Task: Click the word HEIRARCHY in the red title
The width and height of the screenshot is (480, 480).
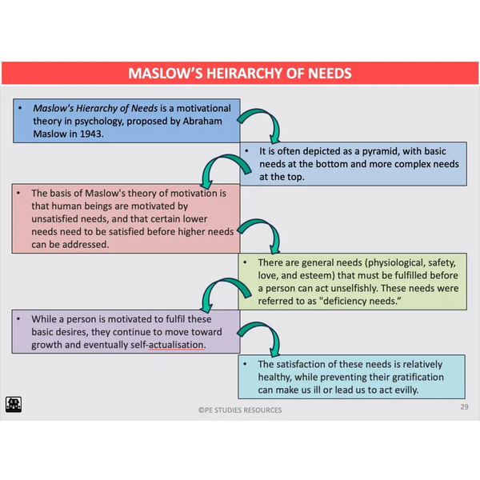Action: (241, 74)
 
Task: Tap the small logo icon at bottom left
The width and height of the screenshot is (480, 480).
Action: (14, 404)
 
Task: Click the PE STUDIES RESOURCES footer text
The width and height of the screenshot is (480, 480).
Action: (240, 410)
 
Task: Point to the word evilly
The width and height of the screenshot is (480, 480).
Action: (404, 390)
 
